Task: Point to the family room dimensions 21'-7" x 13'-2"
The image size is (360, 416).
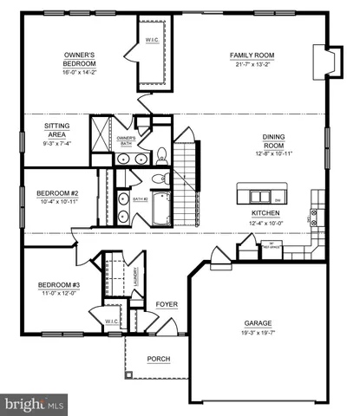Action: click(x=252, y=64)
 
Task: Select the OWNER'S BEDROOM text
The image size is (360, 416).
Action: click(x=79, y=59)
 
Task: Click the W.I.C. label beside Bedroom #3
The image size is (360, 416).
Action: click(x=112, y=322)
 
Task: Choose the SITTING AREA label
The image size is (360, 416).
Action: click(x=57, y=130)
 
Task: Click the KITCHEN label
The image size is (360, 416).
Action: click(x=265, y=213)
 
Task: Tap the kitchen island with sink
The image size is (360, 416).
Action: click(x=259, y=192)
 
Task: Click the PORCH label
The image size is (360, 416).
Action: click(x=158, y=359)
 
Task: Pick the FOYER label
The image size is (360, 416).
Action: click(x=167, y=304)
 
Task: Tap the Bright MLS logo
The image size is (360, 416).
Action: click(x=35, y=404)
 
